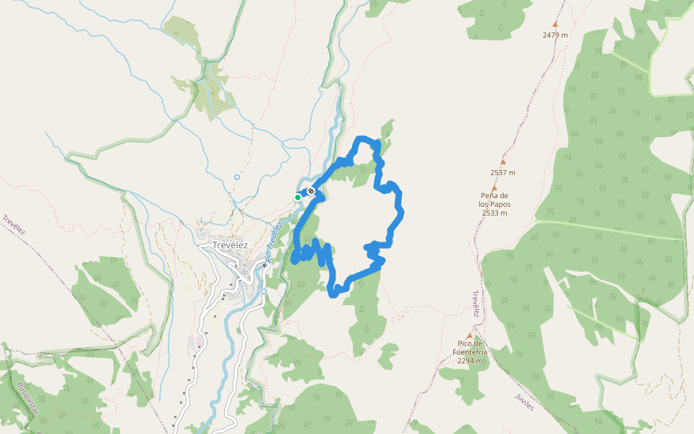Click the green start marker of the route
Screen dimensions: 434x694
[297, 197]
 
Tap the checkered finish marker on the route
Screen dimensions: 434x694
[311, 191]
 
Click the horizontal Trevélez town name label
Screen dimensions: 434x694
[231, 244]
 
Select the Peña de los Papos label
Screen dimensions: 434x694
[494, 200]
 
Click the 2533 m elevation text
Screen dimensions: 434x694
[494, 213]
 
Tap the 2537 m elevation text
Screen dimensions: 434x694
[502, 173]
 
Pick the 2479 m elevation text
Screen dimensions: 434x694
[555, 35]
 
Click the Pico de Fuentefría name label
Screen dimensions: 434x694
[470, 347]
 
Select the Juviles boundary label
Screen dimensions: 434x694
[524, 402]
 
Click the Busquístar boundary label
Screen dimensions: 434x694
[30, 397]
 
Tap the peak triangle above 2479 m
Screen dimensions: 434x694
[555, 24]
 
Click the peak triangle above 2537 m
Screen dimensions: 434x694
[503, 163]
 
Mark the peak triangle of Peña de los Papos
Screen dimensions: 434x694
[494, 187]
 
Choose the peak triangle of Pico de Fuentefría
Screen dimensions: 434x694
[470, 336]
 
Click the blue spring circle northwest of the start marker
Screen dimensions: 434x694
[236, 176]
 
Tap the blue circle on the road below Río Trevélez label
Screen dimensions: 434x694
[264, 292]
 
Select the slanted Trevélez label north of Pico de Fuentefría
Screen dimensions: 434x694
[476, 304]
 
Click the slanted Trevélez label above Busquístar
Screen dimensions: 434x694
[14, 224]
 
